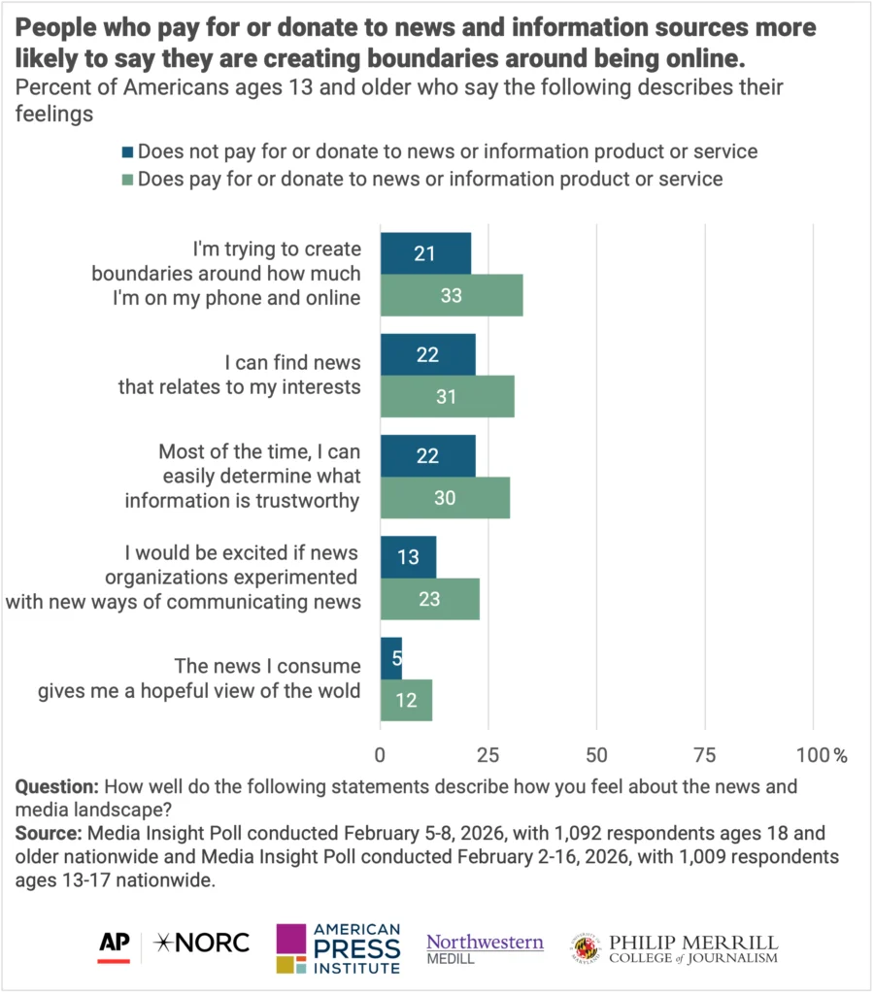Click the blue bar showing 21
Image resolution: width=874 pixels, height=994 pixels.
[x=425, y=253]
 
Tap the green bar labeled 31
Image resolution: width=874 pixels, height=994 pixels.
[x=447, y=397]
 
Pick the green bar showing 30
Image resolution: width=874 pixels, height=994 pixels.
[x=445, y=498]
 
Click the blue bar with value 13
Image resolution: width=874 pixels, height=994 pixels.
[x=408, y=556]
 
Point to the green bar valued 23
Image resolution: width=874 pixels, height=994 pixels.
[x=429, y=599]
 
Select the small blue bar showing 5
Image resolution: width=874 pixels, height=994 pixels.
[x=390, y=658]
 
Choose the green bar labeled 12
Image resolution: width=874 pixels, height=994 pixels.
[x=406, y=700]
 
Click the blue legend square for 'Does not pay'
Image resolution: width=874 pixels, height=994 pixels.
[x=127, y=152]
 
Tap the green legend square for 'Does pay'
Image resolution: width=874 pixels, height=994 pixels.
[x=127, y=180]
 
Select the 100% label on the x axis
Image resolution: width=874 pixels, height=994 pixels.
[x=822, y=754]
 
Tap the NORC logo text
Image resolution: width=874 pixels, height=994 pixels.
[x=206, y=942]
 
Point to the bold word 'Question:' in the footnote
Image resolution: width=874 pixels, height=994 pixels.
[x=57, y=786]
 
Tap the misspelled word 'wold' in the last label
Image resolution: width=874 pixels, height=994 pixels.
[x=341, y=691]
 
